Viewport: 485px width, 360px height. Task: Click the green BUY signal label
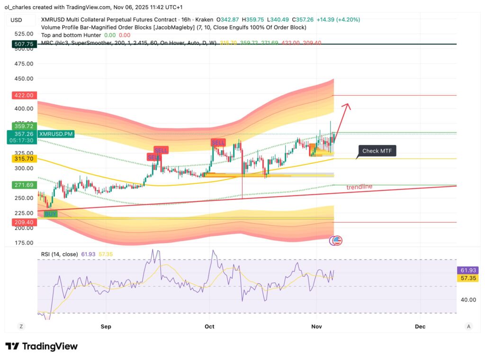50,214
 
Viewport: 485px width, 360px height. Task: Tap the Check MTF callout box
377,151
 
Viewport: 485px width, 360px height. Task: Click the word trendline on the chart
359,187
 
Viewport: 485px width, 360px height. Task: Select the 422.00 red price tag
23,95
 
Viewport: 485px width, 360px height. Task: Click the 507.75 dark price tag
23,44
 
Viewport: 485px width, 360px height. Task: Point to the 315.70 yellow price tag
23,159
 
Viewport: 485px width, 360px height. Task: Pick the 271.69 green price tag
23,185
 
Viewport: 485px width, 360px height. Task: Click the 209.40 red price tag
23,222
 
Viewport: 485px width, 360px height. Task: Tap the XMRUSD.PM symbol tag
56,135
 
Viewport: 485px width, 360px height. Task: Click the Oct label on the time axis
209,326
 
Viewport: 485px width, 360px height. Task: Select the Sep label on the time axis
106,326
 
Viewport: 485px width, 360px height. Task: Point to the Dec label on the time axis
420,326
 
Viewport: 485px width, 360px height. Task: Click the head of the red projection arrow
349,105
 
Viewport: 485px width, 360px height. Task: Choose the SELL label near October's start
218,143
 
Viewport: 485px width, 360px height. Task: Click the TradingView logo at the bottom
41,346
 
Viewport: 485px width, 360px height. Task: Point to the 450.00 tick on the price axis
23,79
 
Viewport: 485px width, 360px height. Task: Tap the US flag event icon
337,241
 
